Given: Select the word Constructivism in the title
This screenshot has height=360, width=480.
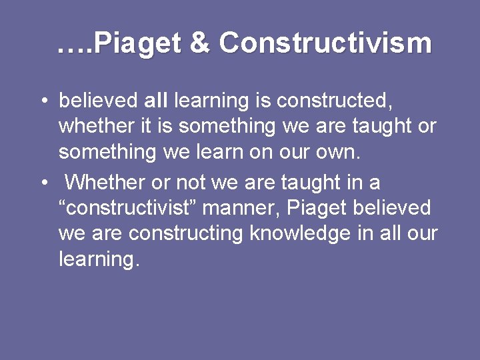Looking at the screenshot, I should tap(325, 44).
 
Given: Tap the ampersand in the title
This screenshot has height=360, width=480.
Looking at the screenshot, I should tap(199, 44).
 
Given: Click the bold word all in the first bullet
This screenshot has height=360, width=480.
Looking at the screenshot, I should tap(157, 101).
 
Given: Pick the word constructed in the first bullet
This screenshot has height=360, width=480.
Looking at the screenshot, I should tap(334, 101).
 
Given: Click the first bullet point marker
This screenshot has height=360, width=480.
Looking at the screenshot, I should tap(42, 101).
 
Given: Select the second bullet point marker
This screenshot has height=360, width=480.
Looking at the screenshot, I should tap(42, 182).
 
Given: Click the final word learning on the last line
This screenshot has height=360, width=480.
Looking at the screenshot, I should tap(99, 259).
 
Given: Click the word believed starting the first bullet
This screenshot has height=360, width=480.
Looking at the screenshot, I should tap(98, 101).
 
